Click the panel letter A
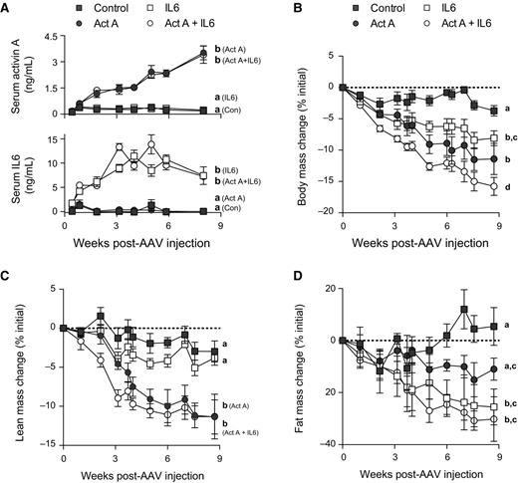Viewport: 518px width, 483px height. click(7, 8)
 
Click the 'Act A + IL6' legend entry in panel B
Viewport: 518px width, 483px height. click(445, 29)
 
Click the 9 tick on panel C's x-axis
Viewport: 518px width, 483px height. click(218, 460)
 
